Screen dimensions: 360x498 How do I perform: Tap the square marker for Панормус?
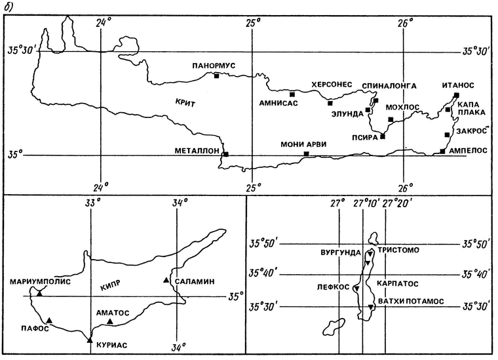216,76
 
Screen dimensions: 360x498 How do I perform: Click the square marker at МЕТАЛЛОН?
226,154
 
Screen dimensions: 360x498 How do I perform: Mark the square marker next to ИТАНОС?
456,96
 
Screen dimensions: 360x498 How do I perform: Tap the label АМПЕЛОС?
468,150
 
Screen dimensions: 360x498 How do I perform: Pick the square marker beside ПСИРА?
383,136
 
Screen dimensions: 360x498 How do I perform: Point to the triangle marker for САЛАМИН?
166,281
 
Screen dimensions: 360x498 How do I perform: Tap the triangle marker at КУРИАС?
90,340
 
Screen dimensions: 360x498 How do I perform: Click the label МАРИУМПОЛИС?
39,283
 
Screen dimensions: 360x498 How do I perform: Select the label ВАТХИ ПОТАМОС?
410,300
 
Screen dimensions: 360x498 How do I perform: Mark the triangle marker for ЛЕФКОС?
356,289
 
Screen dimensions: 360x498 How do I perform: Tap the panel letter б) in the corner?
9,7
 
